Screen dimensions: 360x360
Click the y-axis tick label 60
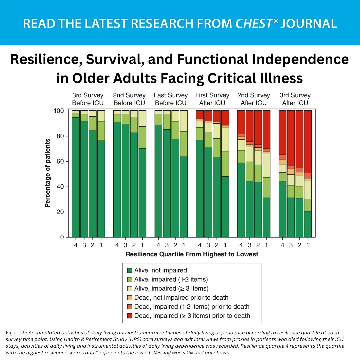60,162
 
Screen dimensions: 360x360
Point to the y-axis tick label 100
59,111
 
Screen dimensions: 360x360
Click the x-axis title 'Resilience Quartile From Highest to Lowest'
192,254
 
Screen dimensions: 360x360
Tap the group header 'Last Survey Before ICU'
171,99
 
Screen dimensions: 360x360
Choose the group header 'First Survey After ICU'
212,99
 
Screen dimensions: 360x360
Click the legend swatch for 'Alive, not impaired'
129,270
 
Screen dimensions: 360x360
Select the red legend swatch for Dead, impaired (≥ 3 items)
129,315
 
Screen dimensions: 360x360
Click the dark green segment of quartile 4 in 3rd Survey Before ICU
76,177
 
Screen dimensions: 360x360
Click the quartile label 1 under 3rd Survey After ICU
308,245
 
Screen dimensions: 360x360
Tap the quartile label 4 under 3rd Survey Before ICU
76,245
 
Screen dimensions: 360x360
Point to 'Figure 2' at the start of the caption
16,333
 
